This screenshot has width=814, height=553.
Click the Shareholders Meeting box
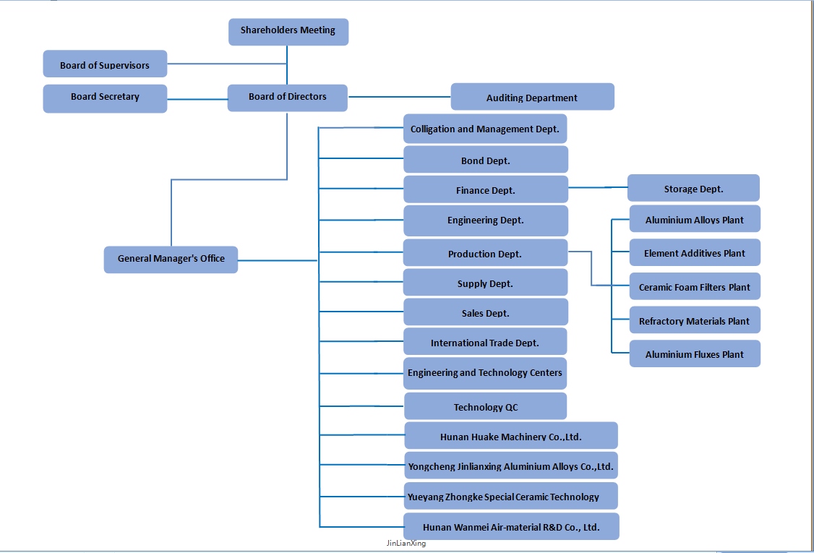288,31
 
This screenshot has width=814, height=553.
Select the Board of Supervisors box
105,64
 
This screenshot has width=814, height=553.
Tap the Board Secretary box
105,98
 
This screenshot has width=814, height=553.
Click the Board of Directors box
287,98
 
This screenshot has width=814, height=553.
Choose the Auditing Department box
532,97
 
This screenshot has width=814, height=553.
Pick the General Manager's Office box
171,259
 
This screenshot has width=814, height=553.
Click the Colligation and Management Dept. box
485,129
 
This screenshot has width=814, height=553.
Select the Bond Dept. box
485,160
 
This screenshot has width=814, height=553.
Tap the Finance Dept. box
485,189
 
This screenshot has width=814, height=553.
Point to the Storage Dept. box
693,188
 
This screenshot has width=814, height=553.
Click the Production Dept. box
485,253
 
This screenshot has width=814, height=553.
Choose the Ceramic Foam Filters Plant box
694,286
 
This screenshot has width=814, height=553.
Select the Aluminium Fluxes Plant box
694,353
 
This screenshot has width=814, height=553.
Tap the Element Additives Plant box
694,253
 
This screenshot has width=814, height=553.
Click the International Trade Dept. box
485,342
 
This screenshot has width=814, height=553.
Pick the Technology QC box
485,406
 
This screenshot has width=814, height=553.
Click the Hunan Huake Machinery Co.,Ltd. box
510,436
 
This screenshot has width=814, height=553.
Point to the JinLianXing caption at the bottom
406,544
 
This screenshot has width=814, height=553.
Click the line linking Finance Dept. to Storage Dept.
598,188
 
